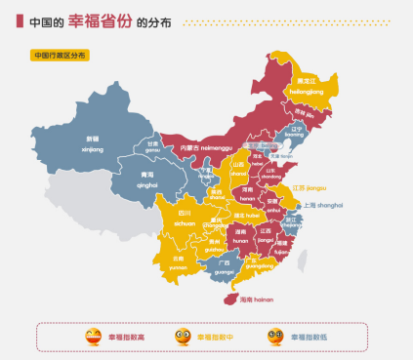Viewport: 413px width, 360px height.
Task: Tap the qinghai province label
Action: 148,179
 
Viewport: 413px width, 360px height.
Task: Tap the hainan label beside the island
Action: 256,300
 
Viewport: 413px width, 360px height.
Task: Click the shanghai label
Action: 323,205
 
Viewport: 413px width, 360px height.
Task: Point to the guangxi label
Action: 225,266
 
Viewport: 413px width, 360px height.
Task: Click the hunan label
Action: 241,234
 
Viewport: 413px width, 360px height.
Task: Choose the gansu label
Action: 152,147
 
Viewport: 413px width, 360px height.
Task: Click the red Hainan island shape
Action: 227,299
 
